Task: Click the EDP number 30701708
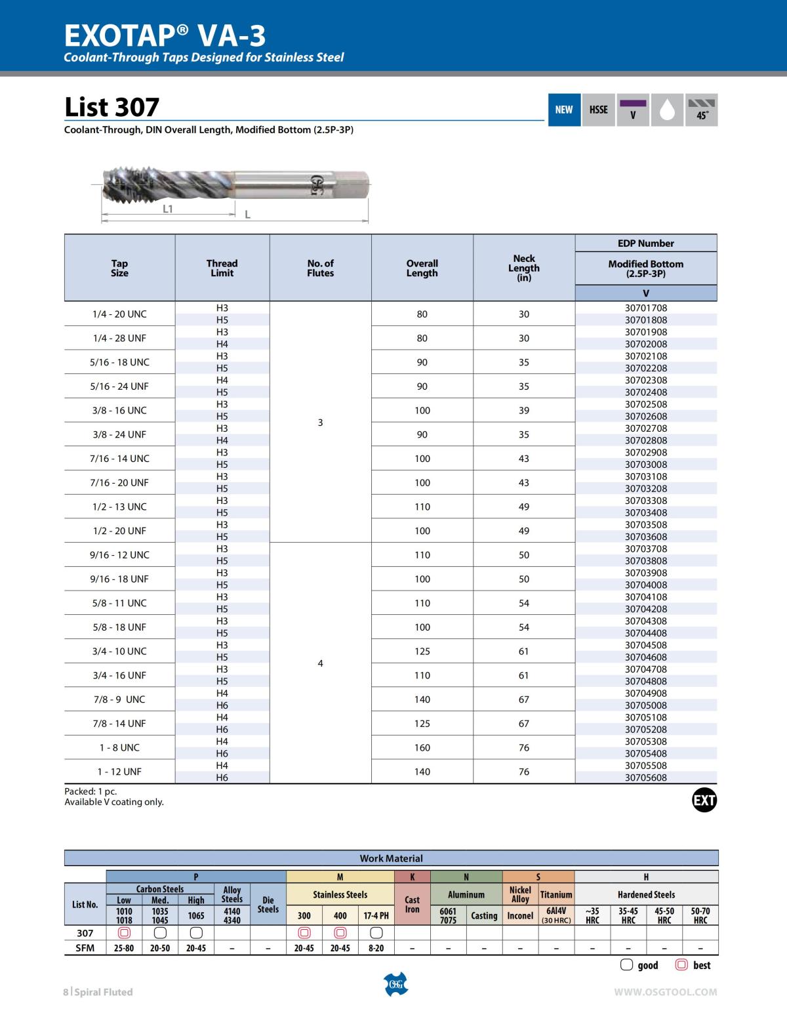coord(645,308)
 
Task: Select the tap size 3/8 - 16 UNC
coord(119,410)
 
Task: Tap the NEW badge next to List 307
coord(563,110)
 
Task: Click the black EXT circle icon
coord(704,800)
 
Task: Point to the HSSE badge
coord(598,110)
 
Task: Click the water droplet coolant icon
coord(667,110)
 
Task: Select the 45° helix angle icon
coord(701,110)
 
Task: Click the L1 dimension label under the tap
coord(168,209)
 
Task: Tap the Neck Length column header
coord(524,268)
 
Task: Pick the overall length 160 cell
coord(422,747)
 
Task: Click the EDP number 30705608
coord(645,778)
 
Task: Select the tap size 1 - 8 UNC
coord(119,747)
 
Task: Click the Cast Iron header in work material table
coord(412,904)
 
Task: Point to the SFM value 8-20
coord(376,948)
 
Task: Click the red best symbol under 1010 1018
coord(124,933)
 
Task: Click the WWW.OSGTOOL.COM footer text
coord(665,992)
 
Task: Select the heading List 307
coord(112,107)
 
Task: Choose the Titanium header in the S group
coord(555,894)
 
